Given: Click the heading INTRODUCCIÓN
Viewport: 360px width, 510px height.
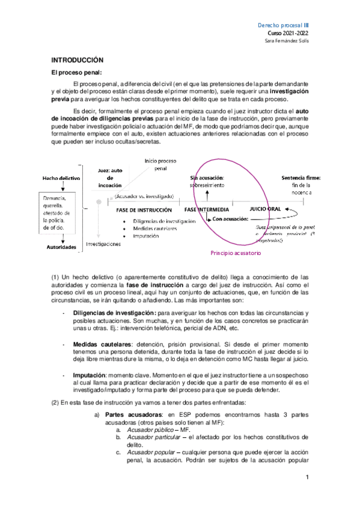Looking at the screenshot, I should point(78,61).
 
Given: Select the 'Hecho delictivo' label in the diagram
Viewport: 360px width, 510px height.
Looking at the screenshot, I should point(62,179).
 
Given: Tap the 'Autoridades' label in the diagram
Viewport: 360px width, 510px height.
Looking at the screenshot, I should point(60,247).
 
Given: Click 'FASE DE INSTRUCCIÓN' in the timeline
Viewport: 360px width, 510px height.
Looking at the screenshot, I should point(144,210).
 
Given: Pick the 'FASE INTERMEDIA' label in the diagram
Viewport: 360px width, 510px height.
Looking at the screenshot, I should point(206,210).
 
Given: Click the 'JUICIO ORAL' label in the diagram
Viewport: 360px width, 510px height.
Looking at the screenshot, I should point(265,210).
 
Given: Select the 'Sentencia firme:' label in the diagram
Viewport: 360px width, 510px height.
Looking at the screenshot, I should point(301,178).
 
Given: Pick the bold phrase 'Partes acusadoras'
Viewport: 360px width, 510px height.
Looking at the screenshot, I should point(130,415).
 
